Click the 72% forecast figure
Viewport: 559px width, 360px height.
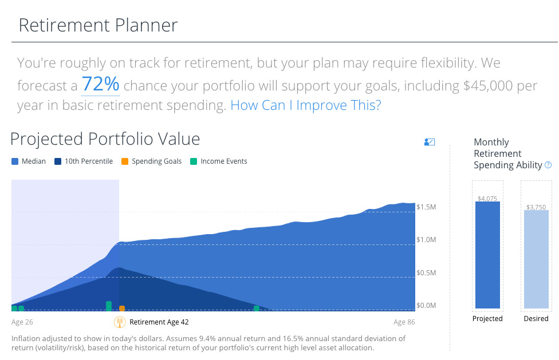[101, 84]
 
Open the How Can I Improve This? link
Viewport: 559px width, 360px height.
[306, 105]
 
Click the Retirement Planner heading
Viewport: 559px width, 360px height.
[98, 25]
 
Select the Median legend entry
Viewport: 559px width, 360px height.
[29, 161]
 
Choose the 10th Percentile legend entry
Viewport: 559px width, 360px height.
[84, 161]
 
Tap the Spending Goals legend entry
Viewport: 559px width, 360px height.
[151, 161]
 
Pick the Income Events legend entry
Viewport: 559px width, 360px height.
[219, 161]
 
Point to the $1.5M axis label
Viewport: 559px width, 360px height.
[426, 207]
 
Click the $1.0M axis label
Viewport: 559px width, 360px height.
[426, 240]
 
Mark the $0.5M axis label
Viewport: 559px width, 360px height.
[426, 273]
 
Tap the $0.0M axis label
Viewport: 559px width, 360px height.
[426, 306]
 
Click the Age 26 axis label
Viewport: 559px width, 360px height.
[22, 322]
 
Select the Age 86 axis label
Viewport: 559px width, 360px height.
[404, 322]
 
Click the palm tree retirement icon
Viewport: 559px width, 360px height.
[120, 322]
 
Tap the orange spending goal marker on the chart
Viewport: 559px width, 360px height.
[122, 308]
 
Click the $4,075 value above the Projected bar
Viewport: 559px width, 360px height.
[487, 199]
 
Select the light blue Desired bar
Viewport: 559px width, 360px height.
[536, 259]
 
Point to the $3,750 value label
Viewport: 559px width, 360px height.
[536, 207]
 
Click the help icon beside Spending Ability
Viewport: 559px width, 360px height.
[548, 165]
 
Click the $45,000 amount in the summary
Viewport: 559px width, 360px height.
[488, 86]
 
